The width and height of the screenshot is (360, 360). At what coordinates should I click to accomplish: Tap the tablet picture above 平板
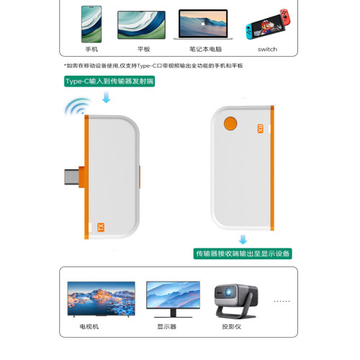[x=141, y=24]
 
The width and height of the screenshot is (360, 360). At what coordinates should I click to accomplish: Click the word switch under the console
[x=267, y=49]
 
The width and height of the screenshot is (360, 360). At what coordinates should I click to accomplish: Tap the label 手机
[x=91, y=49]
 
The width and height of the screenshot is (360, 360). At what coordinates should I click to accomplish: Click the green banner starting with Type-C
[x=109, y=82]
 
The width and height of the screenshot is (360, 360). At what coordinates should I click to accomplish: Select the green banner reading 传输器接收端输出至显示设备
[x=243, y=253]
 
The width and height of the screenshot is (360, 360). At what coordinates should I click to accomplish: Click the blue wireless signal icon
[x=75, y=109]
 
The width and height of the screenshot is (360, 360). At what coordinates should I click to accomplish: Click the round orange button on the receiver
[x=231, y=123]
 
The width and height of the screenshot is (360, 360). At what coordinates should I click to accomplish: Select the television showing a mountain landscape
[x=101, y=298]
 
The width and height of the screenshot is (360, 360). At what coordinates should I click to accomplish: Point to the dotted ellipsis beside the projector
[x=282, y=301]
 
